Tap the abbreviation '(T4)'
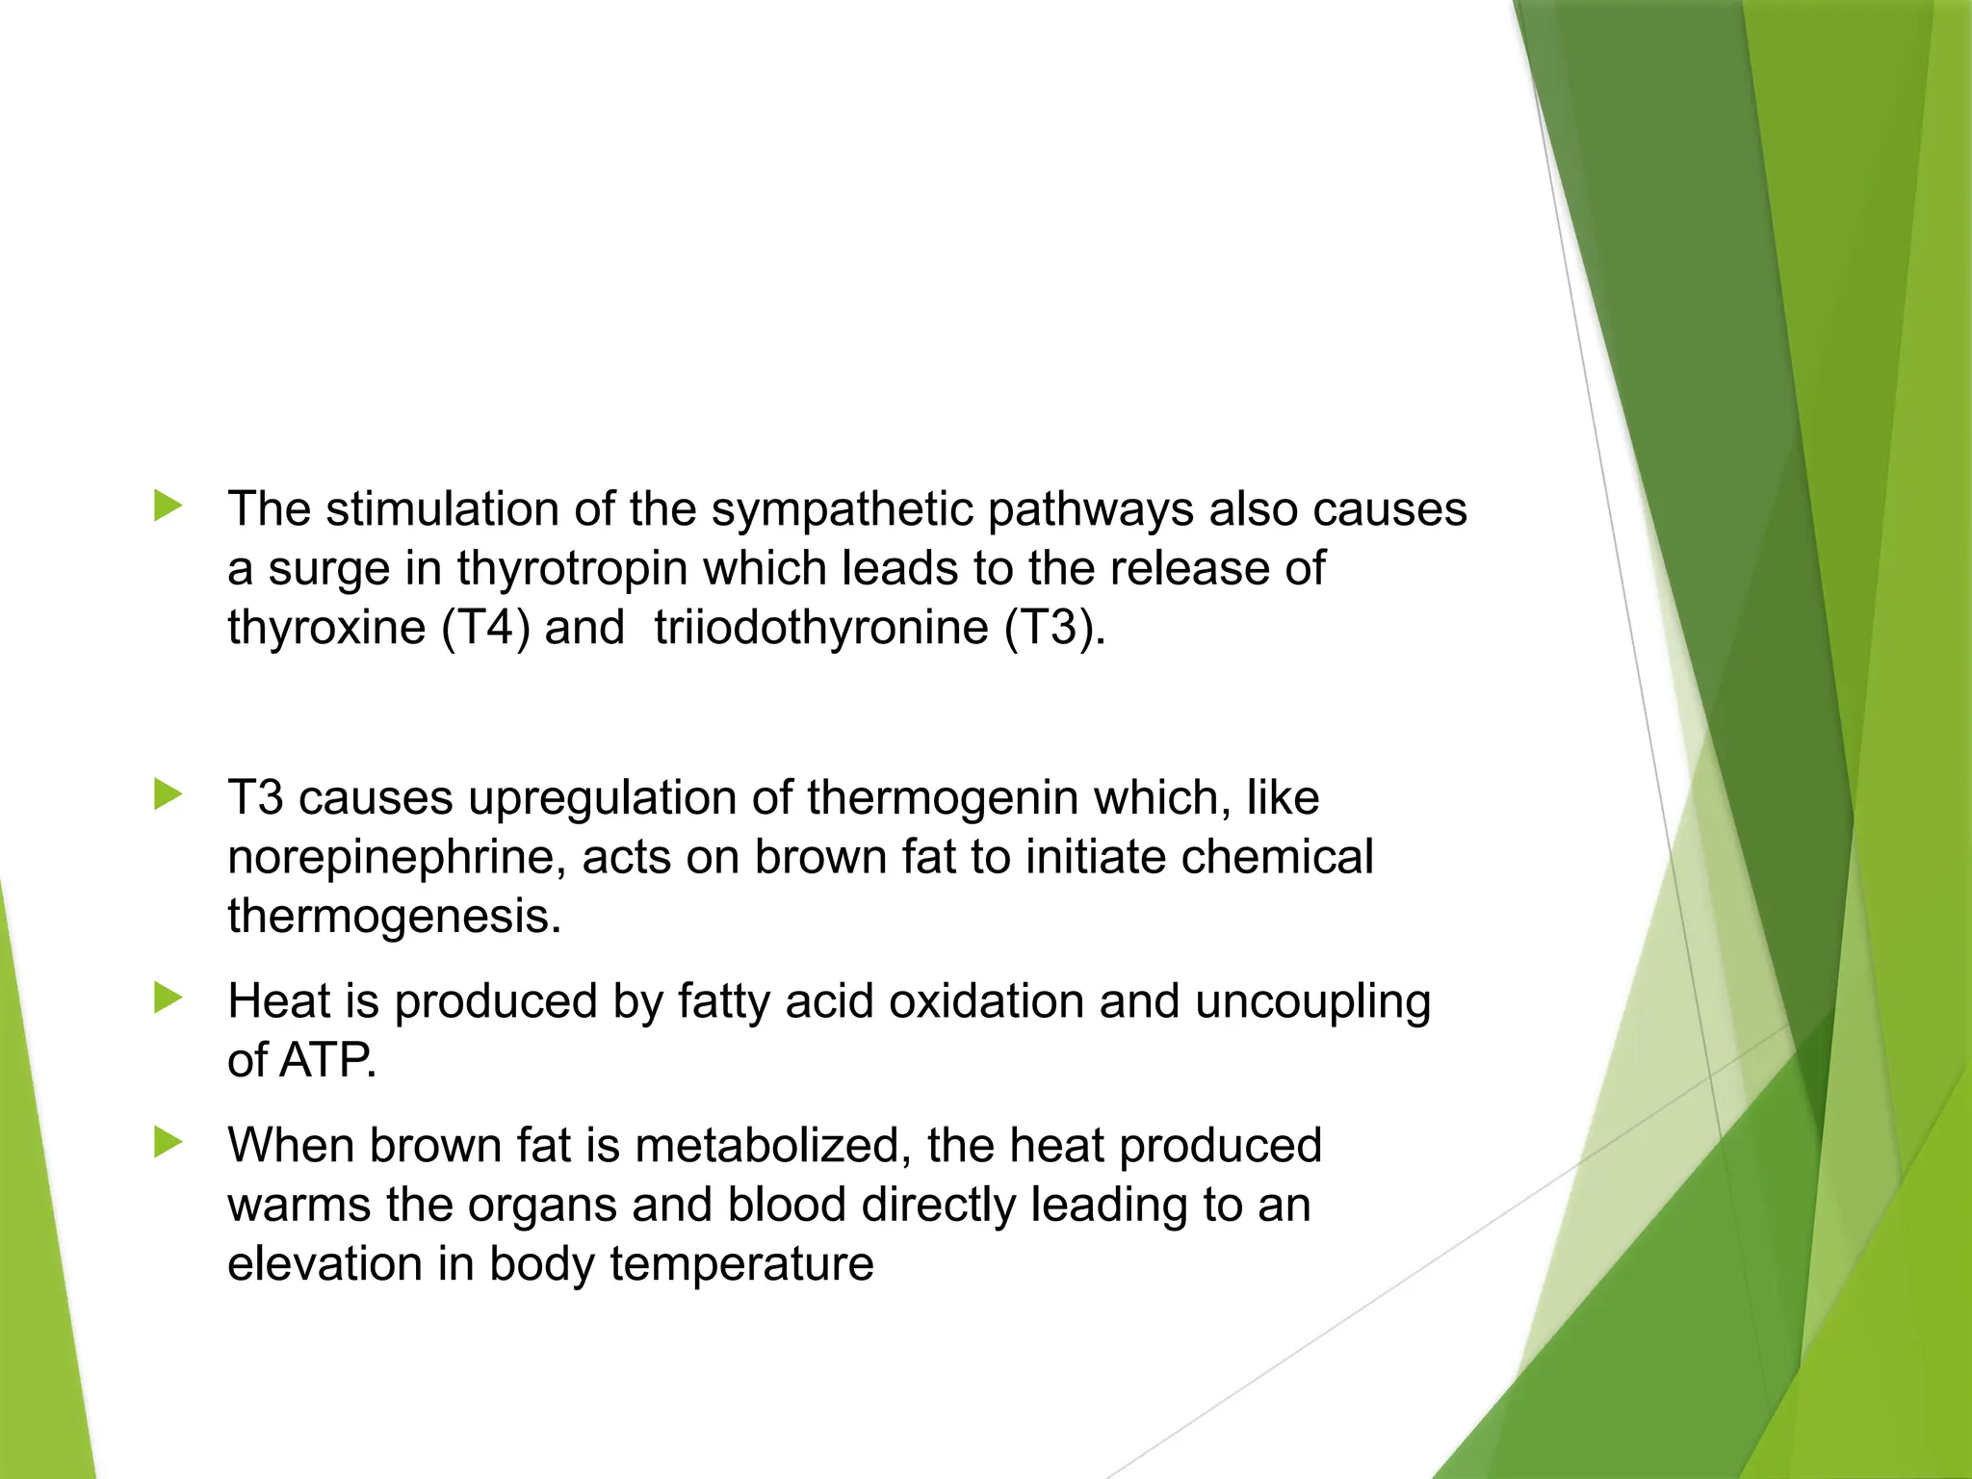pyautogui.click(x=485, y=628)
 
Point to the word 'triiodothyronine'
pyautogui.click(x=821, y=628)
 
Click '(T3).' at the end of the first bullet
pyautogui.click(x=1055, y=628)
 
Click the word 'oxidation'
pyautogui.click(x=986, y=1001)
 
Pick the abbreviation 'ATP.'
pyautogui.click(x=328, y=1061)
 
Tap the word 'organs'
pyautogui.click(x=542, y=1207)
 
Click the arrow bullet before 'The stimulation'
pyautogui.click(x=168, y=506)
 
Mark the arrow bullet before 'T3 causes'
pyautogui.click(x=168, y=795)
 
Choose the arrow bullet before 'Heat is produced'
pyautogui.click(x=168, y=999)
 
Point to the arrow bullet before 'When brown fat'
pyautogui.click(x=168, y=1143)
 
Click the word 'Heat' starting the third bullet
pyautogui.click(x=278, y=1001)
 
